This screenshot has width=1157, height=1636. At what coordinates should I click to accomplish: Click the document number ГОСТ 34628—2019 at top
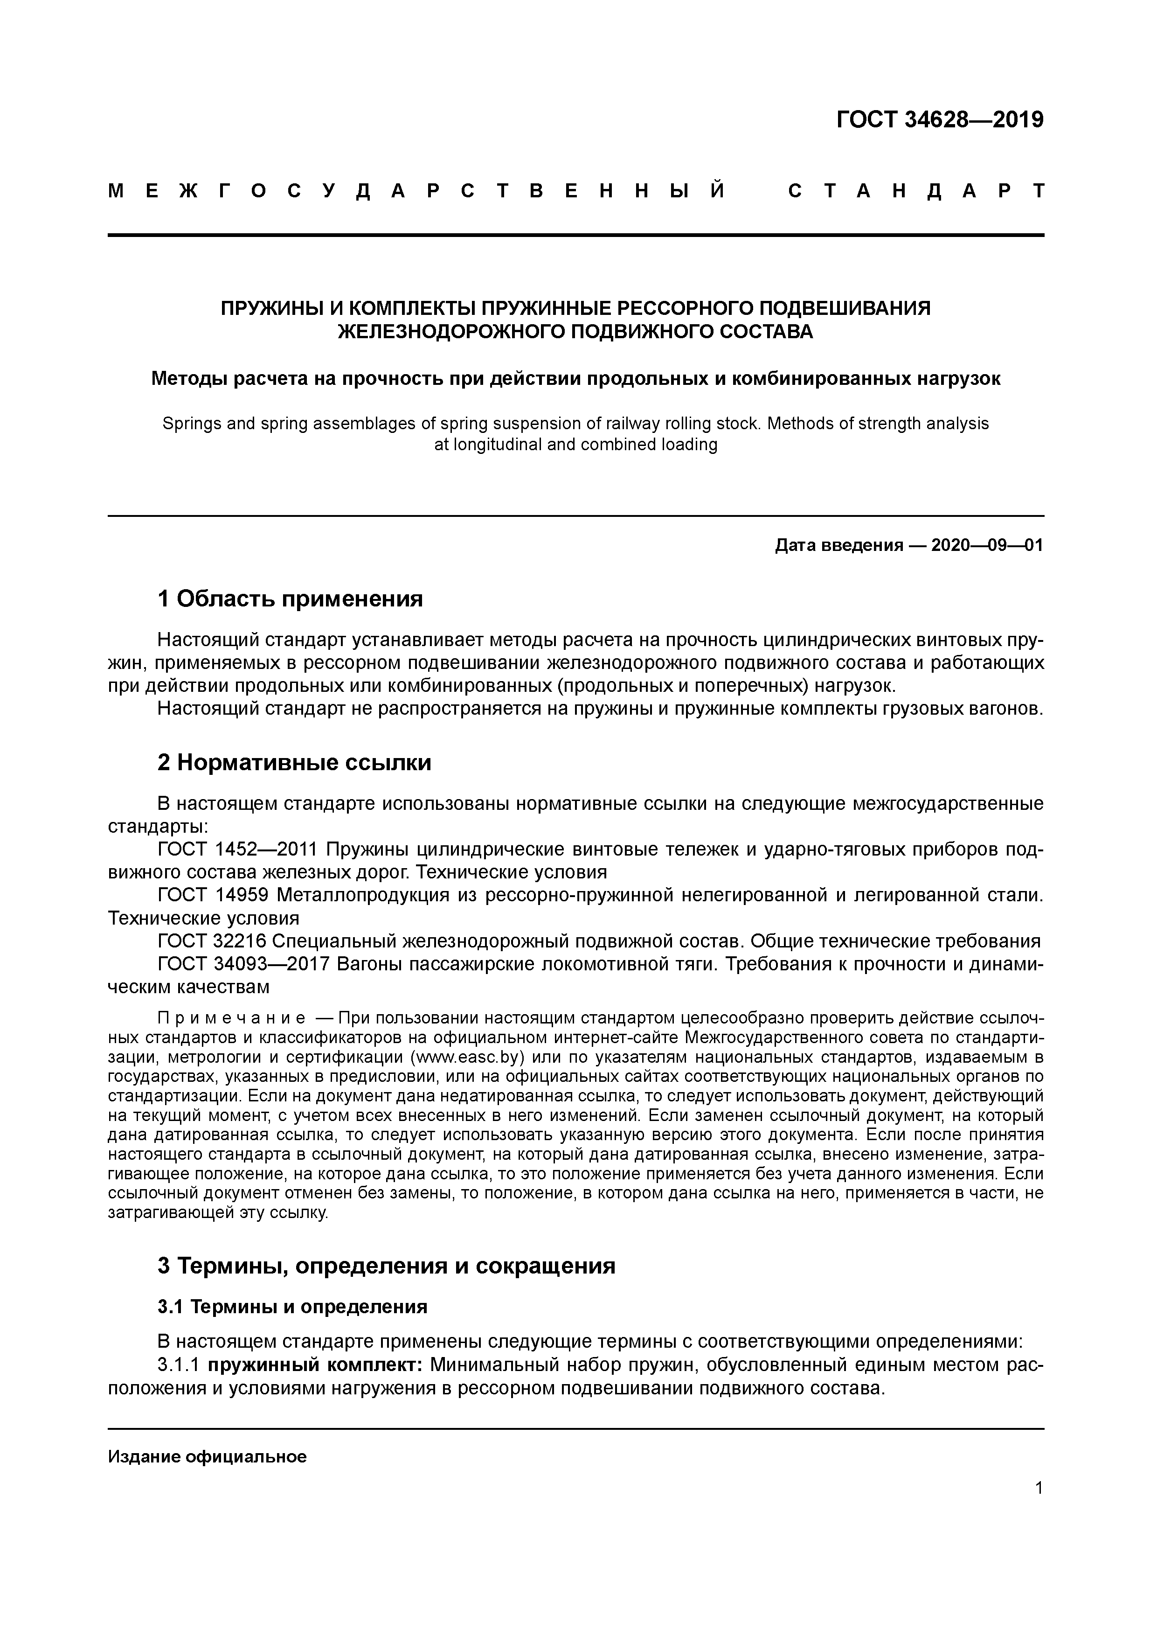[x=939, y=120]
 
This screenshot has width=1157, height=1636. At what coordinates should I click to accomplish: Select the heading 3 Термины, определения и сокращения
[x=386, y=1266]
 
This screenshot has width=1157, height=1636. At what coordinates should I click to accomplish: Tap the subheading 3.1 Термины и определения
[x=292, y=1307]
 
